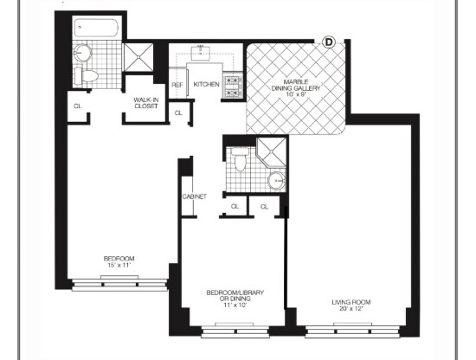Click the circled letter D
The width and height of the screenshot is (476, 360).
tap(329, 41)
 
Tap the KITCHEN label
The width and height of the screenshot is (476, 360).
tap(206, 84)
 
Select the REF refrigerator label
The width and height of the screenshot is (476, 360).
tap(177, 85)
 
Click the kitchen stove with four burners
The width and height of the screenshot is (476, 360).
tap(232, 83)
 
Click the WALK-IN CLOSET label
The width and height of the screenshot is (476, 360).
tap(145, 104)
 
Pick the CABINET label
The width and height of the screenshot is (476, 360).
tap(194, 197)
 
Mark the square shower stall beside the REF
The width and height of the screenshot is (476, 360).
tap(138, 57)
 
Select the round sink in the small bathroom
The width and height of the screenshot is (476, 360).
tap(275, 181)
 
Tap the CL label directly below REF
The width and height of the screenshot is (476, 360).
tap(178, 113)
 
